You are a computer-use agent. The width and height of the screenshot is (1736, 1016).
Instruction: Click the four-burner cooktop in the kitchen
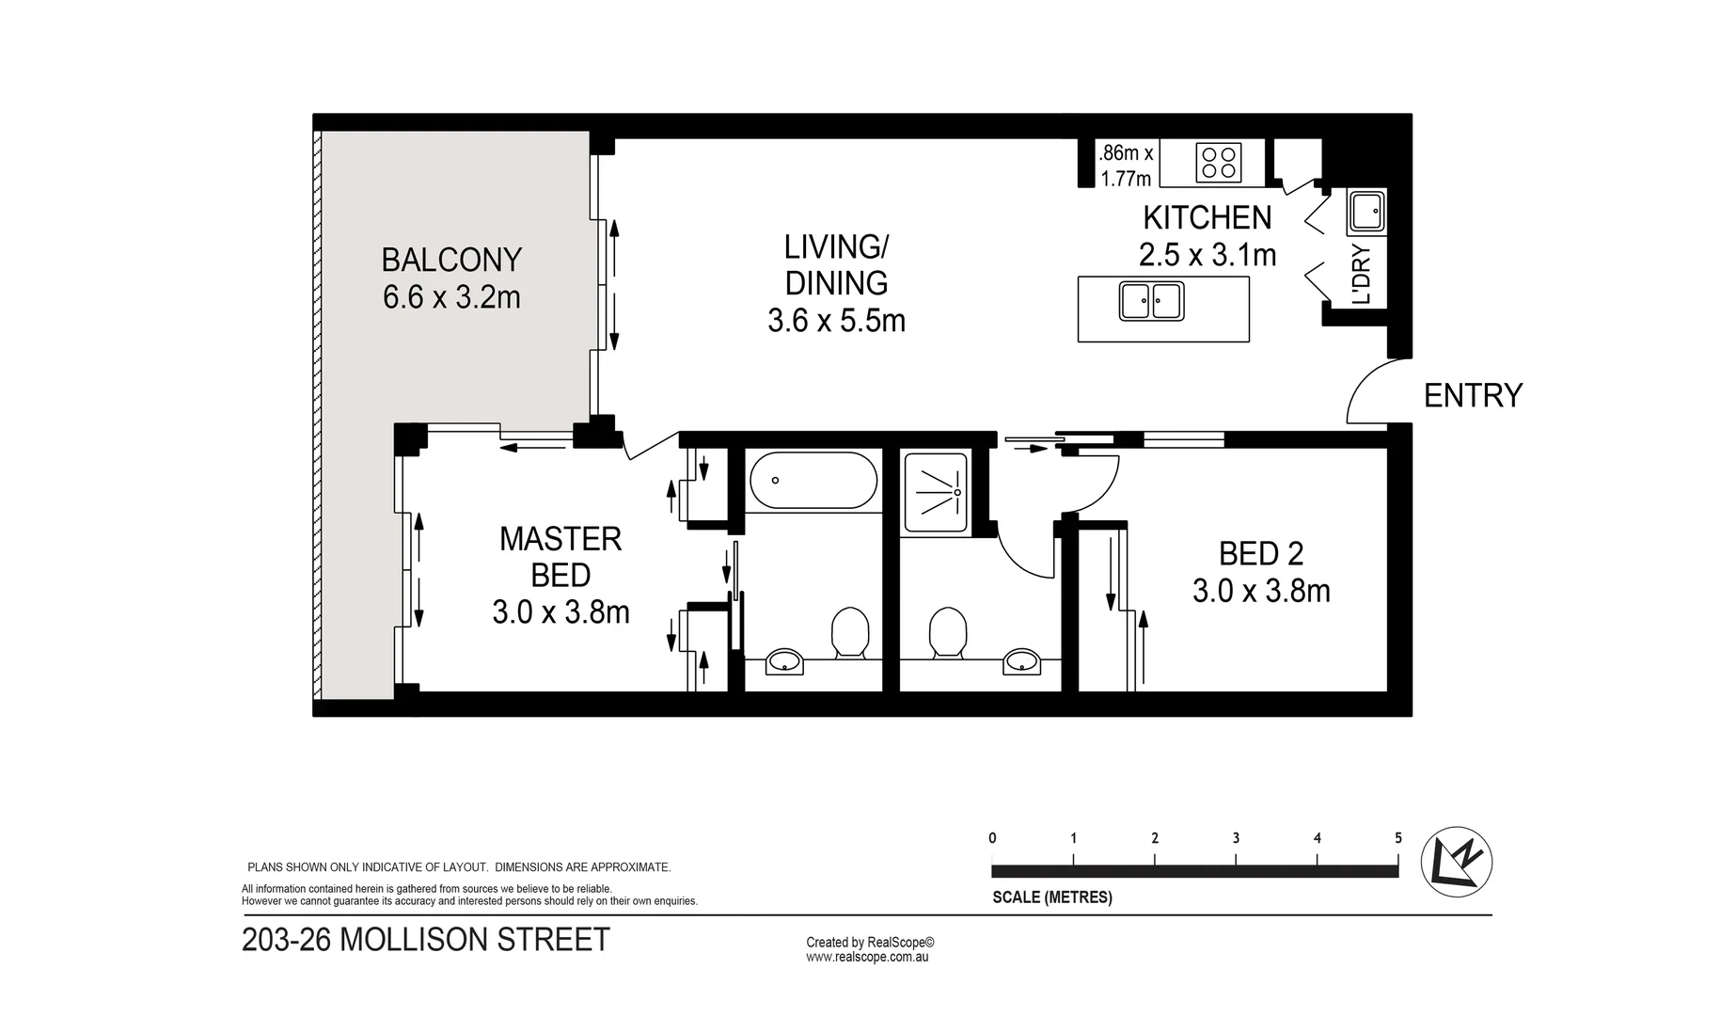[1218, 162]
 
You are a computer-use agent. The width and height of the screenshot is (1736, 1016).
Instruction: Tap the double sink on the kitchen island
[1151, 301]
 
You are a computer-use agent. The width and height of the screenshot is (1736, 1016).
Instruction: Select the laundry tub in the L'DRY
[1365, 211]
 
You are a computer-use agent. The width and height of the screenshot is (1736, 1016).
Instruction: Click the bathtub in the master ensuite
[813, 481]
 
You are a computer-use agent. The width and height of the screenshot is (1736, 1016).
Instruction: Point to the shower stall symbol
[935, 493]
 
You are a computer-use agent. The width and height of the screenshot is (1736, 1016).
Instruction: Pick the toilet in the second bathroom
[947, 632]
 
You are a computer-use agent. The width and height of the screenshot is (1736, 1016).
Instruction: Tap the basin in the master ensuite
[783, 662]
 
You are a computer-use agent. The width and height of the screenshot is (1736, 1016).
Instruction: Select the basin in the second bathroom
[1021, 662]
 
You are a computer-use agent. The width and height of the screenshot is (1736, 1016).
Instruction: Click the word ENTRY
[1473, 396]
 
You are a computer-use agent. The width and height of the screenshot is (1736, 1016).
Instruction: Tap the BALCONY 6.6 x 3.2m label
[451, 278]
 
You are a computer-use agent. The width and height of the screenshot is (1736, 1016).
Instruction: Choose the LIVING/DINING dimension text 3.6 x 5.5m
[836, 322]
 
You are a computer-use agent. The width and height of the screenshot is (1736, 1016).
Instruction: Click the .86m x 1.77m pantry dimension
[1126, 165]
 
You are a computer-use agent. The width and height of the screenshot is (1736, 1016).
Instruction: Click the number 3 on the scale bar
[1236, 838]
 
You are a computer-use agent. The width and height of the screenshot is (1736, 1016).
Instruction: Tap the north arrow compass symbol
[1456, 861]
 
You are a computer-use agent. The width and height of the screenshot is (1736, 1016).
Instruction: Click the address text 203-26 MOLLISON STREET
[426, 940]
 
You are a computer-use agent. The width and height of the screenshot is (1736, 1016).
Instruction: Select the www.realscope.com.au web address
[867, 957]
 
